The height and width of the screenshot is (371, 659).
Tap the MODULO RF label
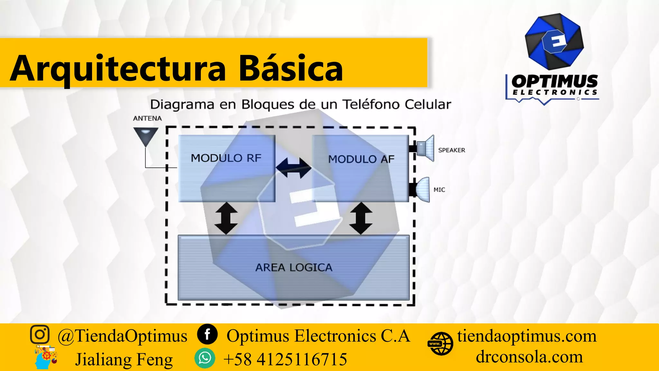click(226, 158)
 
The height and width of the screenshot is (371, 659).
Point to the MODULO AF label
click(361, 159)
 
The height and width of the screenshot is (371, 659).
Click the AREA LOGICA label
click(294, 268)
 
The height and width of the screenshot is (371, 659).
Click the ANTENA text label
click(147, 119)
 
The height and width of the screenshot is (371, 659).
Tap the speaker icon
click(425, 148)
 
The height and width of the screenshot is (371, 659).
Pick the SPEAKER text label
click(451, 150)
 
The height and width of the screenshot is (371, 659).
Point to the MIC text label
click(439, 190)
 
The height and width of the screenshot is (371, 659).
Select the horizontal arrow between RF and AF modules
click(293, 168)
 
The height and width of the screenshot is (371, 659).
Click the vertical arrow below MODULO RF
click(226, 218)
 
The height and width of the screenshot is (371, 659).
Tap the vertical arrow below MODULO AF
click(361, 218)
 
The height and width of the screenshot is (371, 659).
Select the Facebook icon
click(207, 334)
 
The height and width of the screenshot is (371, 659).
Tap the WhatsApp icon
click(205, 358)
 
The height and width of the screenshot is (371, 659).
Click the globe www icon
click(440, 344)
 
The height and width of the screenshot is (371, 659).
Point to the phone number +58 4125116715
click(285, 359)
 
